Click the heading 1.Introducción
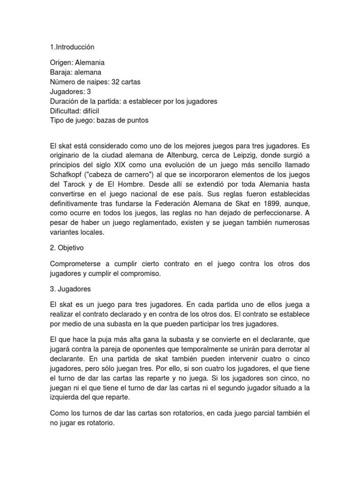72,47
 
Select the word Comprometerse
77,264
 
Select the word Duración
65,101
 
